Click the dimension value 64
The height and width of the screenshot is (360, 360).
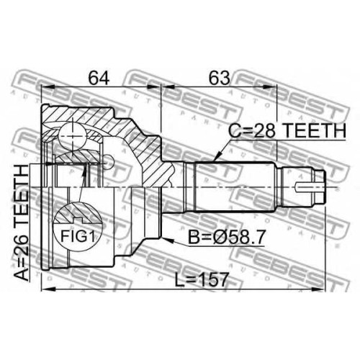[x=99, y=77]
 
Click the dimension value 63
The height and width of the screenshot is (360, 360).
[x=219, y=77]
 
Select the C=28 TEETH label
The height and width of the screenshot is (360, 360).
[x=287, y=130]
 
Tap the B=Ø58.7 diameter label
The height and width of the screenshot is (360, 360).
[x=226, y=237]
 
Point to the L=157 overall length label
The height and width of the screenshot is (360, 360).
[x=201, y=279]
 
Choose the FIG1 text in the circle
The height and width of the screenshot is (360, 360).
[x=77, y=236]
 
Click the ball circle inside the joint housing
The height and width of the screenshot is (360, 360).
[x=73, y=135]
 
